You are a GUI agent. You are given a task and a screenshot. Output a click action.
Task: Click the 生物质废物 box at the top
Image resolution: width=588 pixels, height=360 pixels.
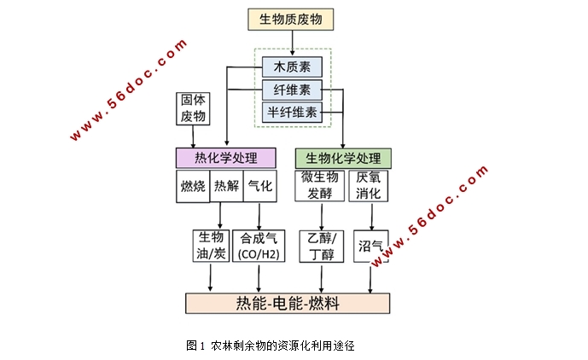(x=292, y=19)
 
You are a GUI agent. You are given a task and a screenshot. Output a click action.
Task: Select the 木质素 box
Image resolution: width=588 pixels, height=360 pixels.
(x=292, y=67)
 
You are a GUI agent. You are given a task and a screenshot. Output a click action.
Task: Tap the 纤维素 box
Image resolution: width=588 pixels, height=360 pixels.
(x=292, y=89)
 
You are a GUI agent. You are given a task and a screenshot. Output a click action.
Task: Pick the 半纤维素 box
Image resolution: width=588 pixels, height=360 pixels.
(x=292, y=111)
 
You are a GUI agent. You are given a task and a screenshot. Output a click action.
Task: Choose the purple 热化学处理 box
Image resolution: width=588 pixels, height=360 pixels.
(x=226, y=157)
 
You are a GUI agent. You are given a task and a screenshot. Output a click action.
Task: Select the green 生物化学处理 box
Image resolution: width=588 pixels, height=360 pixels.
(x=343, y=157)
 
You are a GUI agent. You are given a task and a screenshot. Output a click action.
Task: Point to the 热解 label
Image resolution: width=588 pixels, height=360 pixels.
(x=225, y=186)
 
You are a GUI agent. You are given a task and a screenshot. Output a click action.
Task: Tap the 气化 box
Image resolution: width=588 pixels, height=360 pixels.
(x=259, y=186)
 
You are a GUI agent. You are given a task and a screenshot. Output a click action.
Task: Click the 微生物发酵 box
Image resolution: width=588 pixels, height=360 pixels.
(x=321, y=185)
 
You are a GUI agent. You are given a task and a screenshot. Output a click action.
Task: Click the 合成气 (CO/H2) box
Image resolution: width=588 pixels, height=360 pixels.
(x=258, y=245)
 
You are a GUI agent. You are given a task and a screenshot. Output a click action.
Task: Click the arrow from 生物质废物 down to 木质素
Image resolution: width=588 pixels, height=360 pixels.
(x=292, y=43)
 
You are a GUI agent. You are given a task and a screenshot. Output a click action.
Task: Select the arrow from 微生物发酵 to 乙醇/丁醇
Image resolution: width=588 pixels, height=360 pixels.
(x=321, y=215)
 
